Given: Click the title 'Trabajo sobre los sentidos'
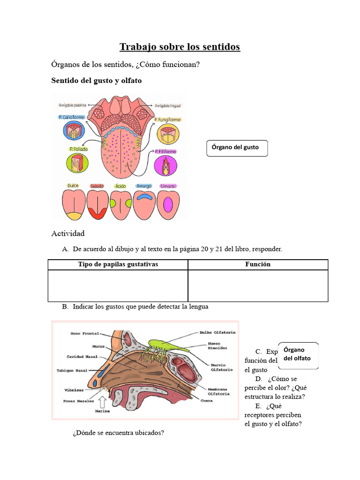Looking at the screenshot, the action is (x=180, y=47).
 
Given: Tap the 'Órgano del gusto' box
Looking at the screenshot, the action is (x=237, y=148).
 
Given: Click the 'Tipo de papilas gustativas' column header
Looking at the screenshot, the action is (x=118, y=264).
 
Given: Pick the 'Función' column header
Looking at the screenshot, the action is (x=258, y=264).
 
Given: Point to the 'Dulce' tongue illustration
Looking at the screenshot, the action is (x=74, y=205).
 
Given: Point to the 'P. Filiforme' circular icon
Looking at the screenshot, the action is (x=167, y=165).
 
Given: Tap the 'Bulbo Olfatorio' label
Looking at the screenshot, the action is (x=217, y=332).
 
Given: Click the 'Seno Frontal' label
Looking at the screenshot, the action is (x=85, y=333).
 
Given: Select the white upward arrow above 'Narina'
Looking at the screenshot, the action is (x=102, y=401).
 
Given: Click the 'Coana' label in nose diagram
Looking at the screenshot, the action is (x=207, y=401).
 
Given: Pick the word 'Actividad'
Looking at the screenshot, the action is (x=67, y=233).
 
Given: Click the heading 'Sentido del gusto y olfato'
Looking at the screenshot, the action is (x=96, y=81).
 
